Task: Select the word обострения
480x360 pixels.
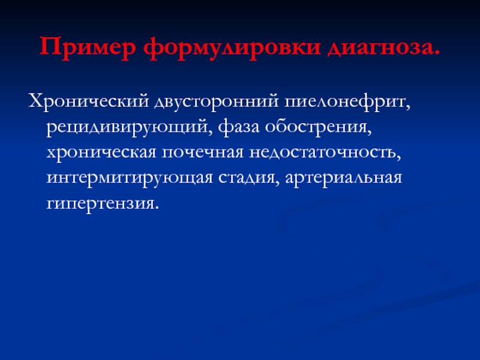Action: pyautogui.click(x=316, y=127)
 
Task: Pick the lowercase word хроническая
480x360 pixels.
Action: pyautogui.click(x=101, y=152)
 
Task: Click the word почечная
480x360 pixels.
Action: pyautogui.click(x=203, y=152)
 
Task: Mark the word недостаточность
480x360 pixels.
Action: pyautogui.click(x=322, y=152)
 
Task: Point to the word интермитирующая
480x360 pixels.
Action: pyautogui.click(x=130, y=178)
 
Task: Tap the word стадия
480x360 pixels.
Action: pyautogui.click(x=247, y=178)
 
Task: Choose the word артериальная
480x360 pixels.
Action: pyautogui.click(x=343, y=178)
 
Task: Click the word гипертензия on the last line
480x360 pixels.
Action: pyautogui.click(x=100, y=203)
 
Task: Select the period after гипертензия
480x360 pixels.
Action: pyautogui.click(x=157, y=208)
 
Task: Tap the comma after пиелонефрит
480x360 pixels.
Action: pyautogui.click(x=407, y=108)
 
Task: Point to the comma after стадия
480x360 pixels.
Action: pyautogui.click(x=277, y=184)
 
